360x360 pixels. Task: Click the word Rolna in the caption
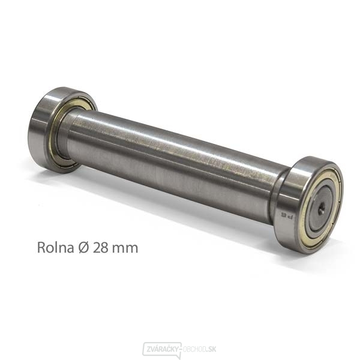coord(53,247)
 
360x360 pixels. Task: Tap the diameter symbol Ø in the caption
coord(81,247)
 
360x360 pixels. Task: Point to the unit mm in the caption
coord(124,247)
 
